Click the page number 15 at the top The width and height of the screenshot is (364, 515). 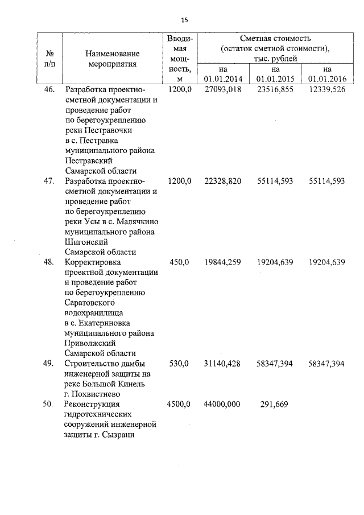click(x=184, y=20)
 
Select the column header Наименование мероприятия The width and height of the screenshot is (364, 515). click(x=112, y=59)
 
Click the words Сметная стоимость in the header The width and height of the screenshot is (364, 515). click(x=275, y=39)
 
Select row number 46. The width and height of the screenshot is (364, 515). click(x=49, y=90)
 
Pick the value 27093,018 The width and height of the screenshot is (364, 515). click(x=222, y=90)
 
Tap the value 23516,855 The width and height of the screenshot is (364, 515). click(x=275, y=90)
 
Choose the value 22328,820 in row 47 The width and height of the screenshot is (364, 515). click(x=222, y=181)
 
